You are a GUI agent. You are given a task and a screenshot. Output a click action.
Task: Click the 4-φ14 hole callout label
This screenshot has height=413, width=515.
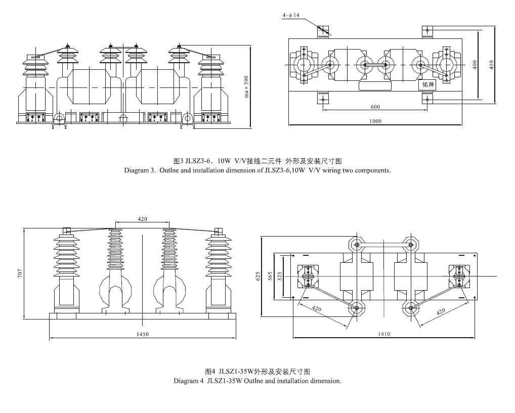pos(291,16)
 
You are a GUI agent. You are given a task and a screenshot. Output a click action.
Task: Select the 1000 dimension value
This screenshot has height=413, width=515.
pos(375,121)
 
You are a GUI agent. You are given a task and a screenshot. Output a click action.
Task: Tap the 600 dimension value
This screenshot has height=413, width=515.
pos(375,107)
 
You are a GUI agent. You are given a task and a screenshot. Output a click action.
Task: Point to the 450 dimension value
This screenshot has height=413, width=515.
pos(490,65)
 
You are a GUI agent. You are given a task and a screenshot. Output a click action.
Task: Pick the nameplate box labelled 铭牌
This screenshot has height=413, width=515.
pos(428,84)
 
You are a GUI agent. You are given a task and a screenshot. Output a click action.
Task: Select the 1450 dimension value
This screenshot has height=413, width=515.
pos(143,334)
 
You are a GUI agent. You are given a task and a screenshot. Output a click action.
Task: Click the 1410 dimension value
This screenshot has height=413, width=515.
pos(383,334)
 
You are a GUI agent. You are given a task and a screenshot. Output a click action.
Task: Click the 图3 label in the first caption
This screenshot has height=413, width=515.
pos(178,162)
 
